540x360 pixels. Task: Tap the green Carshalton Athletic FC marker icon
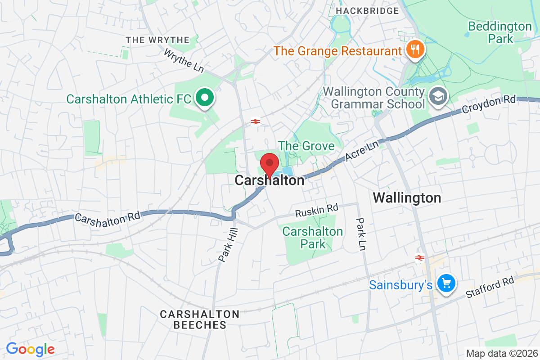click(x=205, y=98)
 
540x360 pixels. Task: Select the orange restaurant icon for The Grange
click(x=414, y=49)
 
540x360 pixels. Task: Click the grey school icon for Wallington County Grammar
click(x=436, y=95)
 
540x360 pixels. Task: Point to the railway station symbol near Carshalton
click(x=255, y=121)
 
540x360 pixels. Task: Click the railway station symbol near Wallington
click(x=420, y=257)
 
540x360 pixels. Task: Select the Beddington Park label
click(x=499, y=32)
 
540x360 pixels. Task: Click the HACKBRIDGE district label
click(x=367, y=10)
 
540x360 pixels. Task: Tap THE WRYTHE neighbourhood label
click(x=158, y=40)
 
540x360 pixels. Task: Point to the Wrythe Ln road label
click(x=184, y=61)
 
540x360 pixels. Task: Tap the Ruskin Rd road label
click(x=316, y=210)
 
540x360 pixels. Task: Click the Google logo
click(x=30, y=349)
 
